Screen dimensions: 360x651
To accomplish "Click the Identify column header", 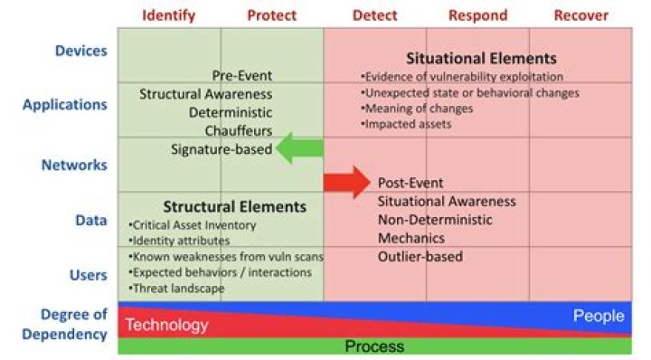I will point(168,15).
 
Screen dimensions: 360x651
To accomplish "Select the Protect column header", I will point(272,15).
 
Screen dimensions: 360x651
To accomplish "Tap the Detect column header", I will point(374,15).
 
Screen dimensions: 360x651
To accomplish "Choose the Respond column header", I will point(477,15).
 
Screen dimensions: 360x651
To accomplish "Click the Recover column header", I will point(580,15).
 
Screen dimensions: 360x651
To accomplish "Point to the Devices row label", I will point(81,51).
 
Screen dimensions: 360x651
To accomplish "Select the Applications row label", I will point(65,104).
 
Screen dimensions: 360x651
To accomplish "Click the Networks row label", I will point(74,165).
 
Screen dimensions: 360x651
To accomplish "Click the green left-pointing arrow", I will point(299,148).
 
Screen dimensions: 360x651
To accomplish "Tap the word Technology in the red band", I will point(166,325).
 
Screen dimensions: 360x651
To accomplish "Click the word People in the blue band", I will point(599,316).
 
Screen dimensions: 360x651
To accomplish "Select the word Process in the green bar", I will point(374,346).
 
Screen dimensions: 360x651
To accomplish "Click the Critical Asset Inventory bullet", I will point(193,225).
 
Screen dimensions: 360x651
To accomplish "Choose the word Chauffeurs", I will point(238,131).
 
